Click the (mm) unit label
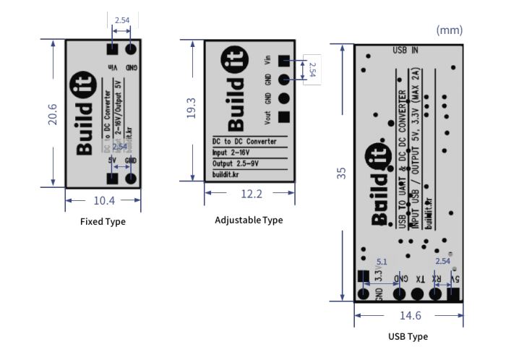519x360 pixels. (x=449, y=30)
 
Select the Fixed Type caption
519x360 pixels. (x=103, y=222)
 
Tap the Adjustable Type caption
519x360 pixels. (x=249, y=220)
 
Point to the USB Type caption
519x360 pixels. (x=408, y=336)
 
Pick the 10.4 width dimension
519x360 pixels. (x=103, y=200)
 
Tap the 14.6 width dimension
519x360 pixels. (x=408, y=315)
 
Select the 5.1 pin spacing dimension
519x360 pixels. (x=382, y=262)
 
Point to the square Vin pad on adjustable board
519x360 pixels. (x=284, y=61)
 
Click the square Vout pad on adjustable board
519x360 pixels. (x=284, y=116)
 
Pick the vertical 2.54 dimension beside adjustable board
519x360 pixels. (x=312, y=70)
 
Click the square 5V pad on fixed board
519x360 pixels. (x=113, y=179)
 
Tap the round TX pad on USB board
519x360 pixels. (x=417, y=294)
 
